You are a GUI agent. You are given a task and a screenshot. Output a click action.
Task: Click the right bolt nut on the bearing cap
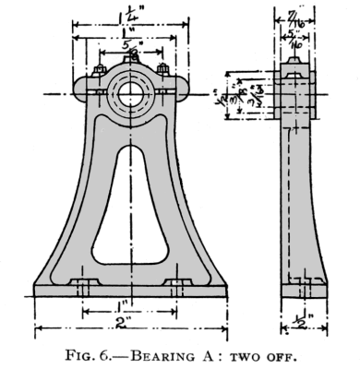click(x=163, y=69)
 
